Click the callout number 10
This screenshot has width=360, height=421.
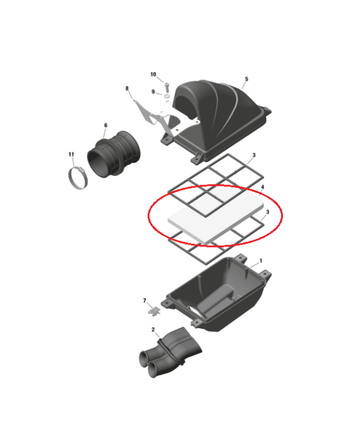pyautogui.click(x=153, y=74)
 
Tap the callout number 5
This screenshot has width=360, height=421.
pyautogui.click(x=247, y=79)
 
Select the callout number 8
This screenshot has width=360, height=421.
pyautogui.click(x=127, y=88)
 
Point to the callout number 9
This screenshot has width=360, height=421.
pyautogui.click(x=153, y=92)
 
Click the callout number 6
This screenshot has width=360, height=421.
pyautogui.click(x=106, y=125)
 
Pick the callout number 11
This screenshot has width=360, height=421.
pyautogui.click(x=71, y=155)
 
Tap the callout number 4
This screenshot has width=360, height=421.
pyautogui.click(x=262, y=187)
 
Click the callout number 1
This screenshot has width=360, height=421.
pyautogui.click(x=260, y=261)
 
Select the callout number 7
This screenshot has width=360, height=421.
pyautogui.click(x=145, y=300)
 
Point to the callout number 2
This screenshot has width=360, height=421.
pyautogui.click(x=153, y=330)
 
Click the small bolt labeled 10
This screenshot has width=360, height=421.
pyautogui.click(x=167, y=87)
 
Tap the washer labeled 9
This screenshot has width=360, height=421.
pyautogui.click(x=167, y=96)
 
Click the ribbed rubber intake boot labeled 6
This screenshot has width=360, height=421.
pyautogui.click(x=113, y=155)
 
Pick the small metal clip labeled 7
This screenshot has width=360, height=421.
pyautogui.click(x=154, y=311)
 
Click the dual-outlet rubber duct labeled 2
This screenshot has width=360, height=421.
pyautogui.click(x=170, y=352)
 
